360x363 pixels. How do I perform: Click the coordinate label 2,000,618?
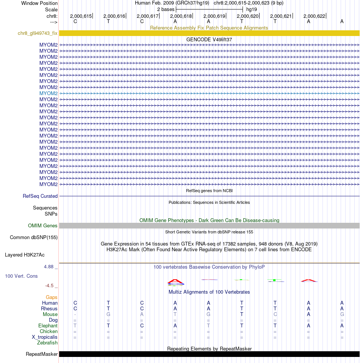coord(181,16)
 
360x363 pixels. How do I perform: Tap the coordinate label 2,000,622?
coord(314,16)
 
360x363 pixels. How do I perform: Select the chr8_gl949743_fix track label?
coord(38,33)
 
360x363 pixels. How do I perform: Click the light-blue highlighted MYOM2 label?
coord(49,93)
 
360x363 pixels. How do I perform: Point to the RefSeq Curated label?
coord(40,196)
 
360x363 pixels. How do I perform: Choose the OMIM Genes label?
coord(43,226)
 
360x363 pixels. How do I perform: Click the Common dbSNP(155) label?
coord(33,238)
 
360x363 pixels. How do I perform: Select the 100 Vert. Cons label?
coord(21,276)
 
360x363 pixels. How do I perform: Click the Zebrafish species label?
coord(47,343)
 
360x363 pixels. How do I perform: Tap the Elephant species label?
coord(48,326)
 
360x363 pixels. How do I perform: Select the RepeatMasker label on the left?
coord(42,354)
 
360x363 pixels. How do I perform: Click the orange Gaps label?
coord(52,297)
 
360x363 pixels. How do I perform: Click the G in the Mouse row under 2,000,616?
coord(108,314)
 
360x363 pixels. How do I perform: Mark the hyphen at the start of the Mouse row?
coord(75,314)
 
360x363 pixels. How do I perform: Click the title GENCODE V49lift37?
coord(209,39)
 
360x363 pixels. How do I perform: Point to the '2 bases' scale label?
coord(166,9)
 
